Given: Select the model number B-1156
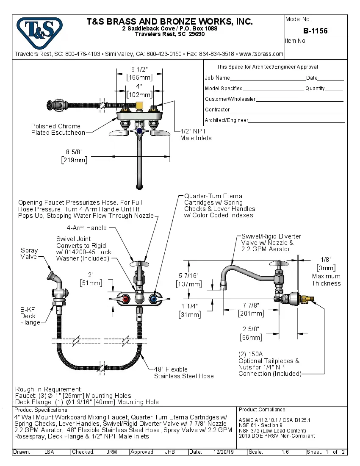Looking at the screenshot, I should click(315, 31).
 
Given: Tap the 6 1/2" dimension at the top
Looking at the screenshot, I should click(139, 69).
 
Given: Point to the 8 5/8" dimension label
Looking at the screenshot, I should click(75, 152).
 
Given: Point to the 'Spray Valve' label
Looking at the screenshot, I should click(29, 253).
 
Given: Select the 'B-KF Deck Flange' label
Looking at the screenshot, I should click(30, 316).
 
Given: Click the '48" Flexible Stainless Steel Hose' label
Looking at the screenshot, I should click(184, 373).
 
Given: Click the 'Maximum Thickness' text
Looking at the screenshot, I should click(326, 280).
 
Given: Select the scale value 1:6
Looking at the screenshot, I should click(285, 452).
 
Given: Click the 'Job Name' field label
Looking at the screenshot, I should click(217, 78).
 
